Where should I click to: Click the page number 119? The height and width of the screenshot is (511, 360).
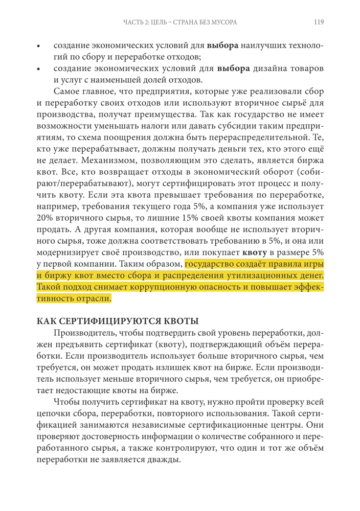pos(318,22)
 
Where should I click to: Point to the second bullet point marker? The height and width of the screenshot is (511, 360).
pos(38,69)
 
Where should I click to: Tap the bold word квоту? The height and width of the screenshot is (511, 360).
pos(256,253)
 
